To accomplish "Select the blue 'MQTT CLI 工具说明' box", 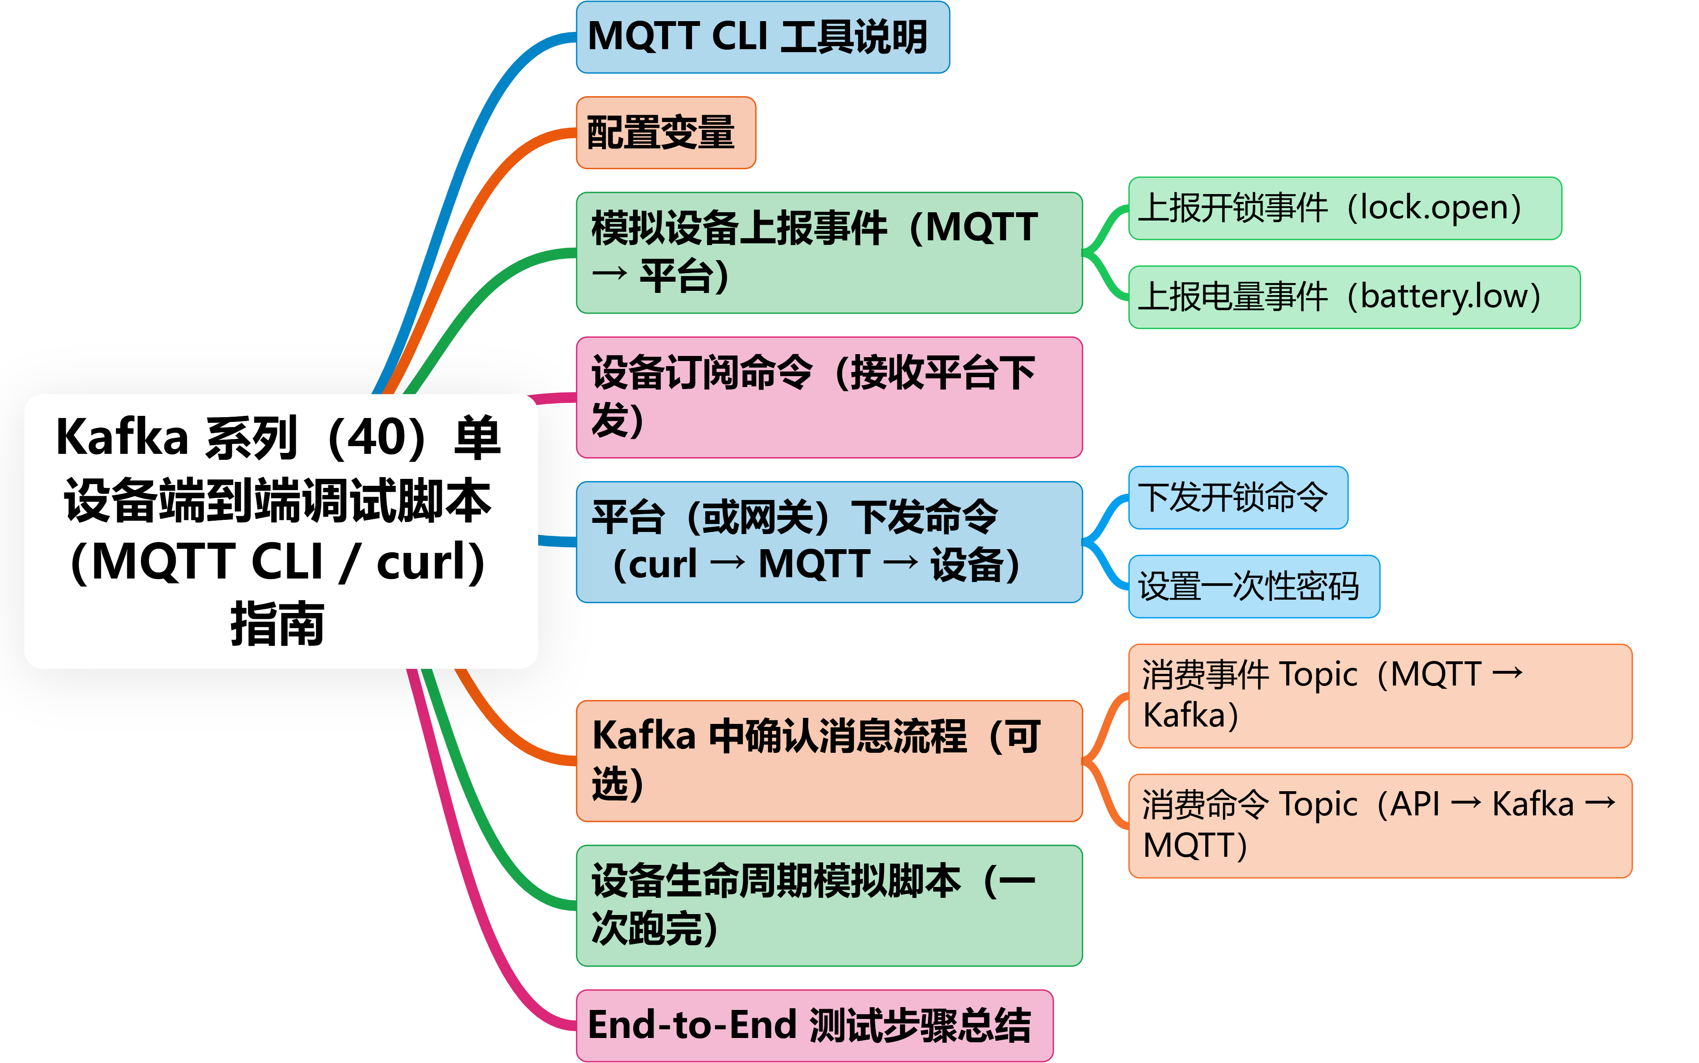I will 762,37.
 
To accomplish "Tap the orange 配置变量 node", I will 665,133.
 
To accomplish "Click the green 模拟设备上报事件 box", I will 828,252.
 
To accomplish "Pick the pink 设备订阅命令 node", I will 828,397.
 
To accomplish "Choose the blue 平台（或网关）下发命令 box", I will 828,541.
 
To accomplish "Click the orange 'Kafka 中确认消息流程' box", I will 828,761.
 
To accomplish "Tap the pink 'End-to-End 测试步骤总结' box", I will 814,1025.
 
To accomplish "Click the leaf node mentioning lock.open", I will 1344,208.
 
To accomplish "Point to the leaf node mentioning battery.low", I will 1354,297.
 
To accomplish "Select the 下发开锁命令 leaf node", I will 1238,497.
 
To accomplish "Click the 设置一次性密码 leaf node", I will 1253,586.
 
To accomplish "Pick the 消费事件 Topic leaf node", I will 1379,695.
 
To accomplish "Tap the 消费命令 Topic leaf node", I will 1379,825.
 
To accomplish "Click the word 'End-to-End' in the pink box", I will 692,1025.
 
